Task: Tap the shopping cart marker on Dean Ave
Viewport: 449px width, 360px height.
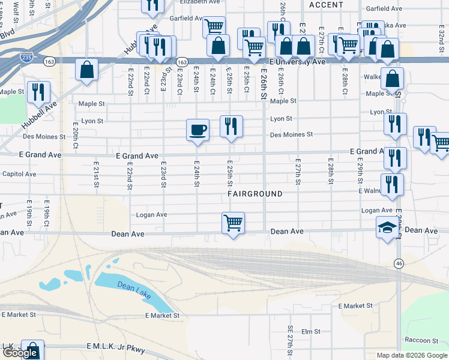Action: point(233,223)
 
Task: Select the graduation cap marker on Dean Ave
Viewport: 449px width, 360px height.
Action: point(388,228)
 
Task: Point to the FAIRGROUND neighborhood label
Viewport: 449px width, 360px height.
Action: point(255,194)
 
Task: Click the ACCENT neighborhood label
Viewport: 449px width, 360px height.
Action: point(326,5)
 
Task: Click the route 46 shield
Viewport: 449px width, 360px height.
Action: point(399,263)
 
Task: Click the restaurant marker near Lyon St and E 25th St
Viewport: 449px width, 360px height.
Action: point(231,127)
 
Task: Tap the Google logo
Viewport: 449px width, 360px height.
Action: point(20,353)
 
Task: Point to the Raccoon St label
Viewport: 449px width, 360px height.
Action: point(419,340)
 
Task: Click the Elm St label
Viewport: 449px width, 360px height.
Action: point(311,331)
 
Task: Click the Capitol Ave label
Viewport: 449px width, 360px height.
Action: point(19,174)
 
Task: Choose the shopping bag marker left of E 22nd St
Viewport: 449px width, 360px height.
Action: point(87,70)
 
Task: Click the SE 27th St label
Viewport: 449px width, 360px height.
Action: point(290,346)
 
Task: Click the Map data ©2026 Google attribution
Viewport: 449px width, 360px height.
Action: point(411,355)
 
